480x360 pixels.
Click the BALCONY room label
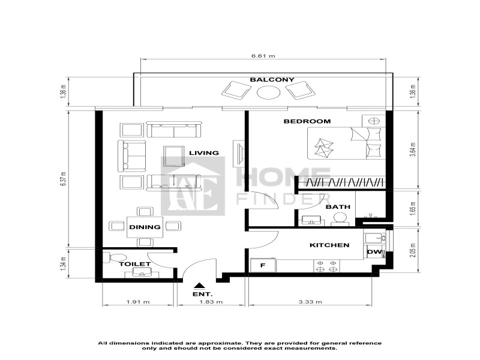coord(272,80)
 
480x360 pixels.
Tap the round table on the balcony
coord(268,92)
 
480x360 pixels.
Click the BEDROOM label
coord(307,121)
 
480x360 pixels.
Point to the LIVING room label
coord(204,153)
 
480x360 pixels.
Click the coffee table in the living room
coord(174,156)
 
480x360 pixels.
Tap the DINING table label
coord(145,227)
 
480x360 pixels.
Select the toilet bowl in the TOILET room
coord(114,257)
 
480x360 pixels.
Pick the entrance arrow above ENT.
coord(200,286)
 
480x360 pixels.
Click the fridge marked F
coord(263,265)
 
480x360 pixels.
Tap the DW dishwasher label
coord(374,252)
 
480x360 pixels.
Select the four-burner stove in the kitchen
coord(326,266)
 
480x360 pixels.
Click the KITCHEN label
coord(329,245)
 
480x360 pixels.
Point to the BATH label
coord(338,207)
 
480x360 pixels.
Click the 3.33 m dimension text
coord(310,302)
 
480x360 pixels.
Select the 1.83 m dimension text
coord(211,302)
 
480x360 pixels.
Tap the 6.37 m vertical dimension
coord(63,178)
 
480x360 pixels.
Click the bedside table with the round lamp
coord(374,121)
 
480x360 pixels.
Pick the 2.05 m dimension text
coord(413,250)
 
